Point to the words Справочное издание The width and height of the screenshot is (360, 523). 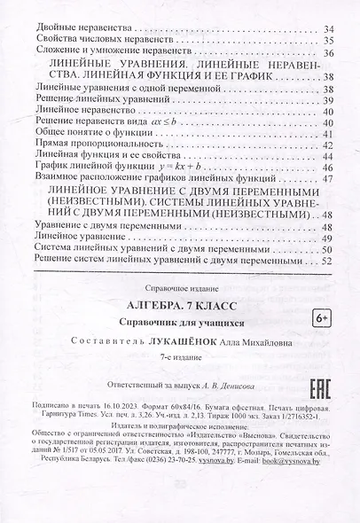(175, 289)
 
